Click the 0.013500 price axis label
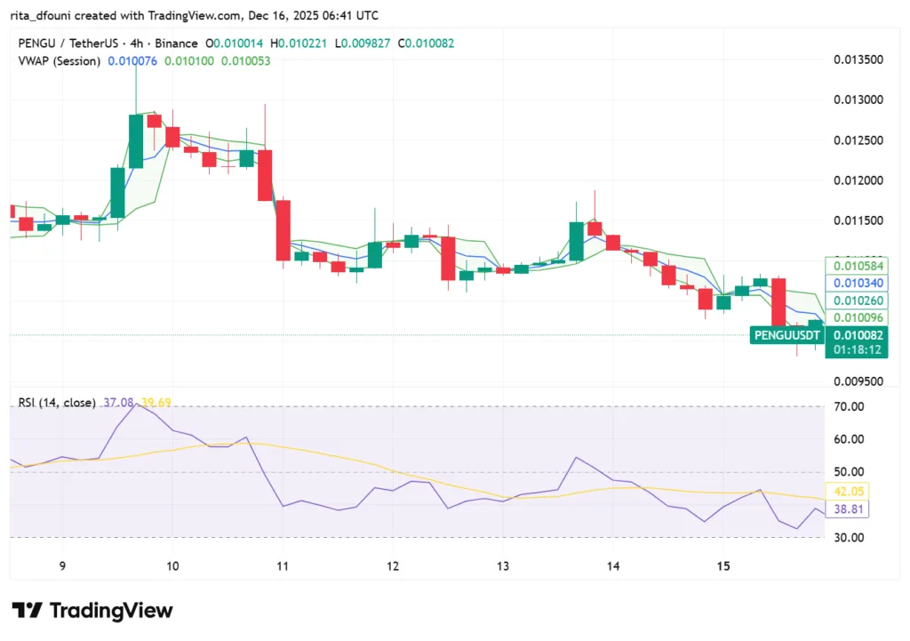tap(858, 60)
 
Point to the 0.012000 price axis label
tap(858, 180)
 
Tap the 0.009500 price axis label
tap(858, 381)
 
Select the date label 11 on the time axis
tap(283, 566)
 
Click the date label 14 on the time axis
tap(613, 566)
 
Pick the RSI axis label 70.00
tap(849, 407)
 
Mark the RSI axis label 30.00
tap(849, 537)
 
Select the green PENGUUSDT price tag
tap(786, 335)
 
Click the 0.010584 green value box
tap(854, 265)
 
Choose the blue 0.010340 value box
tap(854, 283)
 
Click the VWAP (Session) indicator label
tap(59, 60)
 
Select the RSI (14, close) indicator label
tap(57, 403)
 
